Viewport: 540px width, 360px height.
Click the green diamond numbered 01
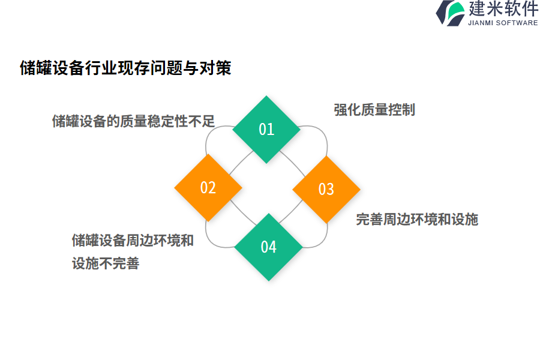pos(266,129)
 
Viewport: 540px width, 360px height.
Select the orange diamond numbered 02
pos(208,187)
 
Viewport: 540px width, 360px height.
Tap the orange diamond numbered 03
pos(326,189)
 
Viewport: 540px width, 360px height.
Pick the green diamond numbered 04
pos(268,247)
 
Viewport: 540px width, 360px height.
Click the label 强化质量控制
pos(374,110)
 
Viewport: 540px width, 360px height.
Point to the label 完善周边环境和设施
pos(417,220)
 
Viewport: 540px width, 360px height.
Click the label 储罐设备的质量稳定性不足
pos(133,121)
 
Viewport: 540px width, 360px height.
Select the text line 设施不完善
pos(106,263)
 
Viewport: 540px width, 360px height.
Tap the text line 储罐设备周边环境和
pos(133,241)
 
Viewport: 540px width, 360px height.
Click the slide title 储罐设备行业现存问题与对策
pos(125,68)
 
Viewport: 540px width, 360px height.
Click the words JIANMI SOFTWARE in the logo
pos(503,23)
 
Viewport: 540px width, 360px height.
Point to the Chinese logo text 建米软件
pos(503,8)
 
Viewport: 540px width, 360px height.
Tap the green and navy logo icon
pos(451,13)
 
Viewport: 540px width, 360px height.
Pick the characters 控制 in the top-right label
pos(401,110)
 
